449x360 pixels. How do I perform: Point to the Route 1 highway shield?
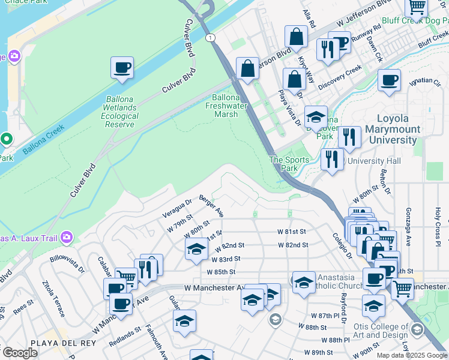pos(209,38)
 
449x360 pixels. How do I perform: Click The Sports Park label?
pos(289,164)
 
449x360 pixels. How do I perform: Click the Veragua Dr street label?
pos(176,208)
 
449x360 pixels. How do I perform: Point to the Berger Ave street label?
pos(211,206)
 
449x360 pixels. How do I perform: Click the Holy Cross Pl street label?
pos(438,222)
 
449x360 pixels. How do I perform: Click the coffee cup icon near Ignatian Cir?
pos(389,80)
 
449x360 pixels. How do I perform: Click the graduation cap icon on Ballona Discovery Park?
pos(316,117)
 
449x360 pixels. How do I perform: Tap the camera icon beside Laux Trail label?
pos(66,238)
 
